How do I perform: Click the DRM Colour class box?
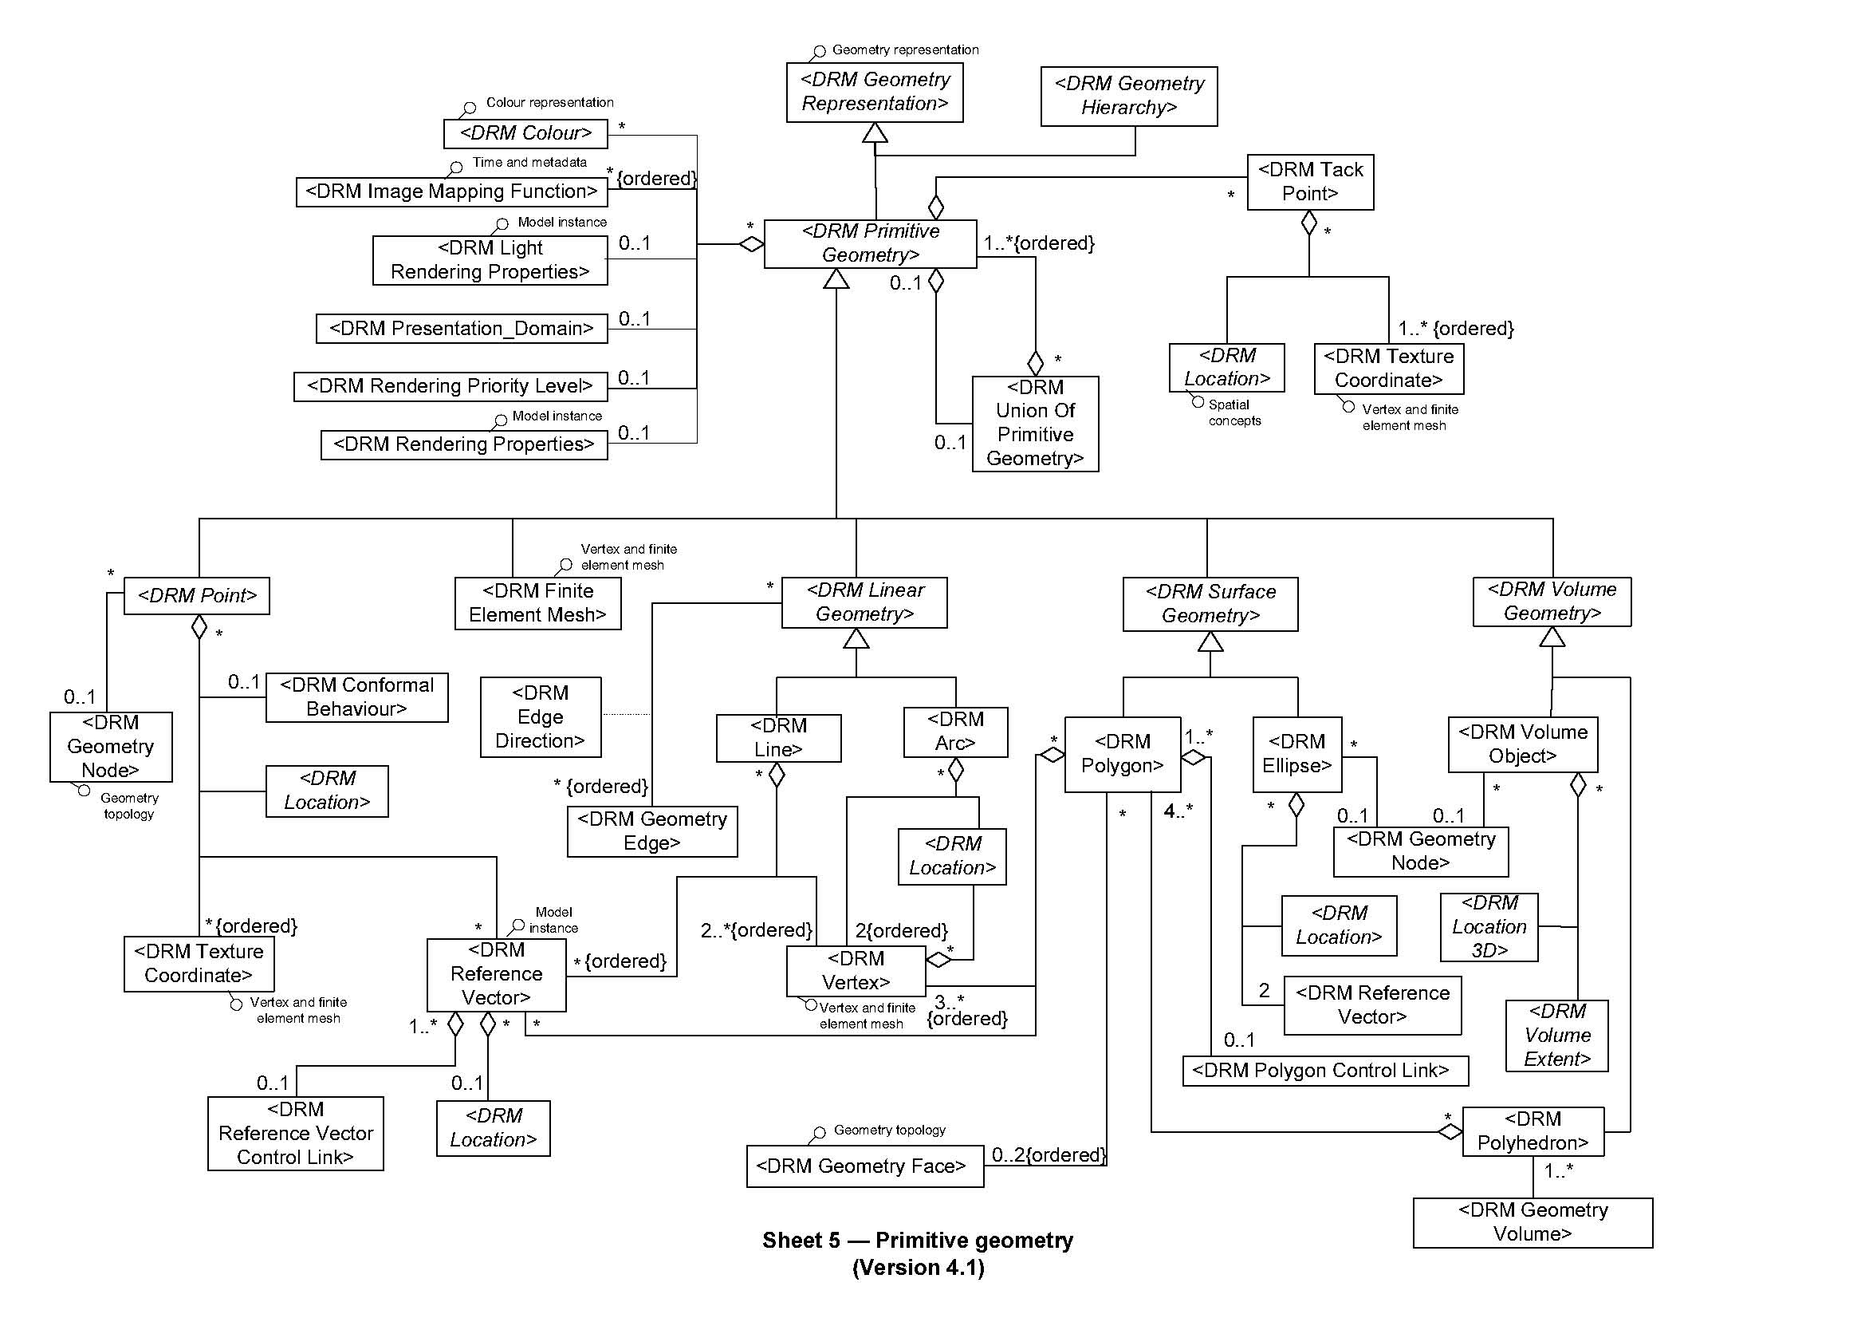click(525, 133)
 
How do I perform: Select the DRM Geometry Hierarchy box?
click(1128, 96)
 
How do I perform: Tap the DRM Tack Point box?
click(1309, 182)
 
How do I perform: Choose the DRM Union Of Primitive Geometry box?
click(1035, 424)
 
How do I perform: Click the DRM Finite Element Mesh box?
click(537, 603)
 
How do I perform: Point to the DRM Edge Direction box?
click(540, 716)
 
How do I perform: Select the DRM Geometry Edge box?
click(651, 831)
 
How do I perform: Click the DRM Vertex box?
click(856, 970)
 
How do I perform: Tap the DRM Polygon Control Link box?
click(1324, 1070)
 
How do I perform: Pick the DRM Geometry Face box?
click(864, 1166)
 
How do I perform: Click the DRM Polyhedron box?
click(1532, 1131)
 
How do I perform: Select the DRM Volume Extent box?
click(1556, 1036)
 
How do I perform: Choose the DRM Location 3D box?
click(1488, 927)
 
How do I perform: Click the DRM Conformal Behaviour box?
click(356, 697)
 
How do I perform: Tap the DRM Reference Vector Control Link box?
click(295, 1134)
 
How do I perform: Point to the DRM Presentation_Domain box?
click(462, 328)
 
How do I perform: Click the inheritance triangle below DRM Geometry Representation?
click(874, 132)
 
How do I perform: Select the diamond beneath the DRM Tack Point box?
click(1308, 223)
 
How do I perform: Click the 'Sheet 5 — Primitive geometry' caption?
click(917, 1240)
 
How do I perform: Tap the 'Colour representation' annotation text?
click(549, 102)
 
